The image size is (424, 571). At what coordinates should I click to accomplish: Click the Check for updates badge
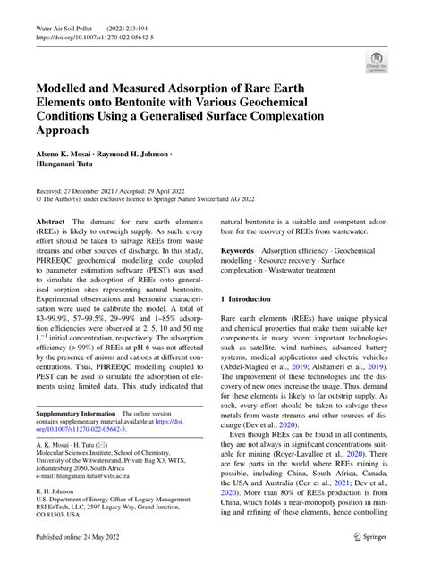point(376,62)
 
